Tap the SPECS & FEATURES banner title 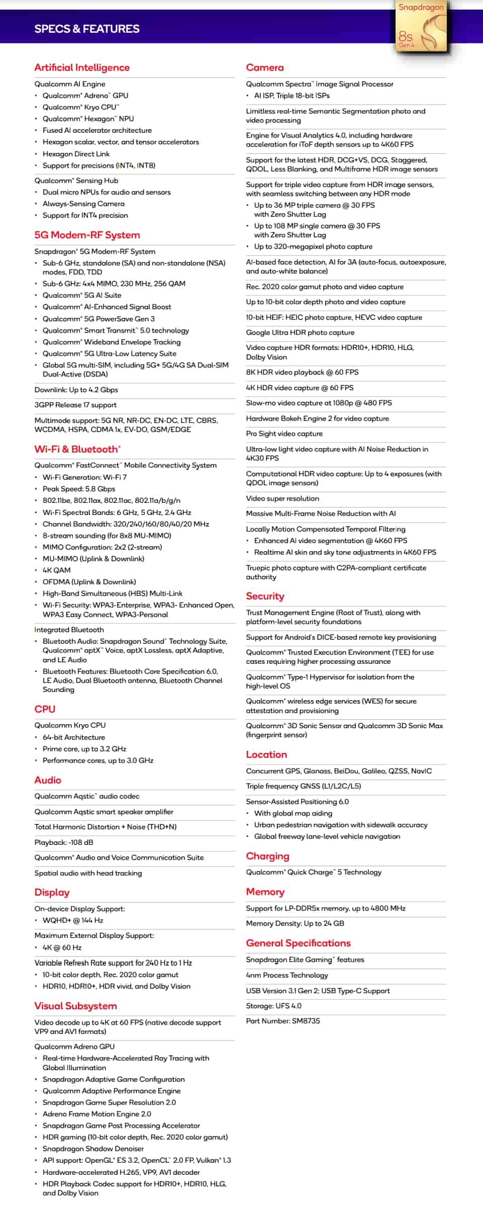tap(87, 29)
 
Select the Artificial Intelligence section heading tap(82, 67)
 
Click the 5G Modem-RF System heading tap(87, 235)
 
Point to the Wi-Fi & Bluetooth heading tap(77, 449)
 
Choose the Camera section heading tap(265, 67)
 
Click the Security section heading tap(265, 596)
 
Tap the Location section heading tap(266, 754)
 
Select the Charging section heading tap(267, 856)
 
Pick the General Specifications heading tap(298, 943)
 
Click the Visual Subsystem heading tap(75, 1006)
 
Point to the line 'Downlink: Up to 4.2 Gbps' tap(76, 390)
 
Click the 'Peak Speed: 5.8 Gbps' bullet tap(79, 489)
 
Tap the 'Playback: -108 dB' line tap(64, 842)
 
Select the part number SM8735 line tap(283, 1021)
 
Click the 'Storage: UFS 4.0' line tap(273, 1006)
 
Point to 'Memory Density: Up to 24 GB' tap(295, 923)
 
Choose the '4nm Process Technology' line tap(287, 975)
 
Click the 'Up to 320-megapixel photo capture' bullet tap(313, 246)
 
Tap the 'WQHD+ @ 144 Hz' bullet tap(73, 920)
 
